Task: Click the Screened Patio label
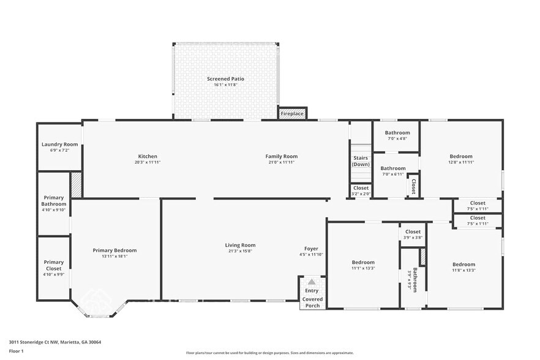coord(227,79)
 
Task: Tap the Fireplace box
coord(291,114)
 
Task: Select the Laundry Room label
coord(59,144)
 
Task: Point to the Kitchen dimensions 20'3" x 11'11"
coord(148,163)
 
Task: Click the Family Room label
coord(281,156)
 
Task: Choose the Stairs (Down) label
coord(361,161)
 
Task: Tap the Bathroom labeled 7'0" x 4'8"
coord(397,133)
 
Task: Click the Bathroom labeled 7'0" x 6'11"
coord(392,168)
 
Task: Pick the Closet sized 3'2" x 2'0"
coord(361,188)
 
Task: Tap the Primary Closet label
coord(53,266)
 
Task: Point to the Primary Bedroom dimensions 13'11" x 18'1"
coord(114,257)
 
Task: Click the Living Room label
coord(240,245)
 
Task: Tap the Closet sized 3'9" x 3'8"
coord(413,232)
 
